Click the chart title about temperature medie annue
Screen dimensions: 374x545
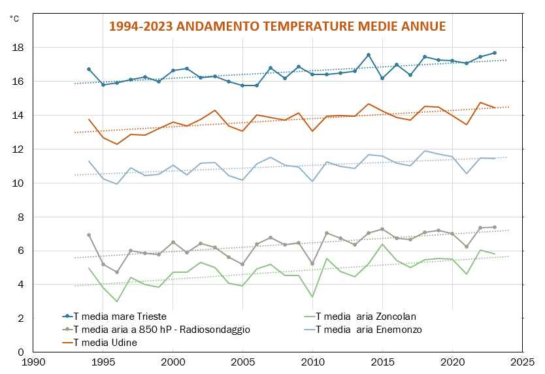coord(277,27)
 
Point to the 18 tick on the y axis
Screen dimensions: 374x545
coord(18,48)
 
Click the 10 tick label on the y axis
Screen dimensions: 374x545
coord(18,183)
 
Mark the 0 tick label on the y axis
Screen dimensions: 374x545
coord(21,352)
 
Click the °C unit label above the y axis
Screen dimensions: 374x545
coord(14,18)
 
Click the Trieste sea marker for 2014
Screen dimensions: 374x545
coord(369,55)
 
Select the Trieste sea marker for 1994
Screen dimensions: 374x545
coord(89,69)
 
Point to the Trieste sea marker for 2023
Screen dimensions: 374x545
coord(495,53)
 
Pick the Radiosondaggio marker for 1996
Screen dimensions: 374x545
coord(117,272)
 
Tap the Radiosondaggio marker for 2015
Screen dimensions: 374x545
coord(382,229)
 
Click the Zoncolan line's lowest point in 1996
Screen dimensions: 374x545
coord(117,302)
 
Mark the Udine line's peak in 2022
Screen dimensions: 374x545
coord(480,102)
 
